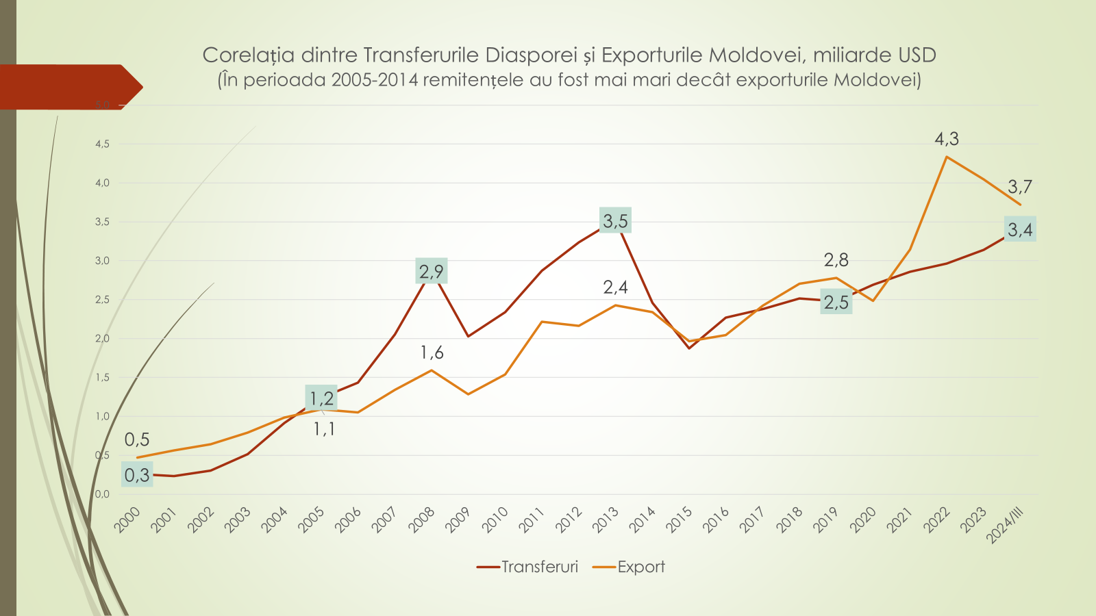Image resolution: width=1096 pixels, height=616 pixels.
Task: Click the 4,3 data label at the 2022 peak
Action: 947,139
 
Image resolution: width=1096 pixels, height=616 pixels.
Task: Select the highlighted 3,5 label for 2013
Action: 615,220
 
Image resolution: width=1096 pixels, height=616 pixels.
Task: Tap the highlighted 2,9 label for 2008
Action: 432,271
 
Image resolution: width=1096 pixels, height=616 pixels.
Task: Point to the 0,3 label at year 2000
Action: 137,474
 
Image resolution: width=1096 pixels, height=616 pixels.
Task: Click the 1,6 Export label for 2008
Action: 432,352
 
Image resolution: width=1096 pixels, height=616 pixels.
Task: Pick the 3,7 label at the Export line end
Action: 1020,186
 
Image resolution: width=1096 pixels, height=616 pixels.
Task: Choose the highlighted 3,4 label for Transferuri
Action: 1020,229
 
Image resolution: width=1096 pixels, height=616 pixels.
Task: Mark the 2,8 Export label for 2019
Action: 836,260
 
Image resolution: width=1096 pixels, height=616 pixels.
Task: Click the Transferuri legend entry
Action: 528,567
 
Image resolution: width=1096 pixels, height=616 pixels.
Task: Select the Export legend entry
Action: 630,567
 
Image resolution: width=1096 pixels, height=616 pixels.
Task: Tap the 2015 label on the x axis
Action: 680,520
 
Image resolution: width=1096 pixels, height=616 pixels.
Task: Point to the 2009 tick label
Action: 458,520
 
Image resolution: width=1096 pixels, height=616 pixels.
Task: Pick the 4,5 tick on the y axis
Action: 102,144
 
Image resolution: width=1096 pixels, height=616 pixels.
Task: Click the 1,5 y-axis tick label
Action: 102,377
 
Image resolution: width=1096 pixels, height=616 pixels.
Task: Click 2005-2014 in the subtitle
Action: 375,80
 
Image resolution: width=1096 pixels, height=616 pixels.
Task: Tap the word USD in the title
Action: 914,55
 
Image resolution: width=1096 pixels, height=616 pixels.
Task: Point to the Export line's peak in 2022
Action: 947,157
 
